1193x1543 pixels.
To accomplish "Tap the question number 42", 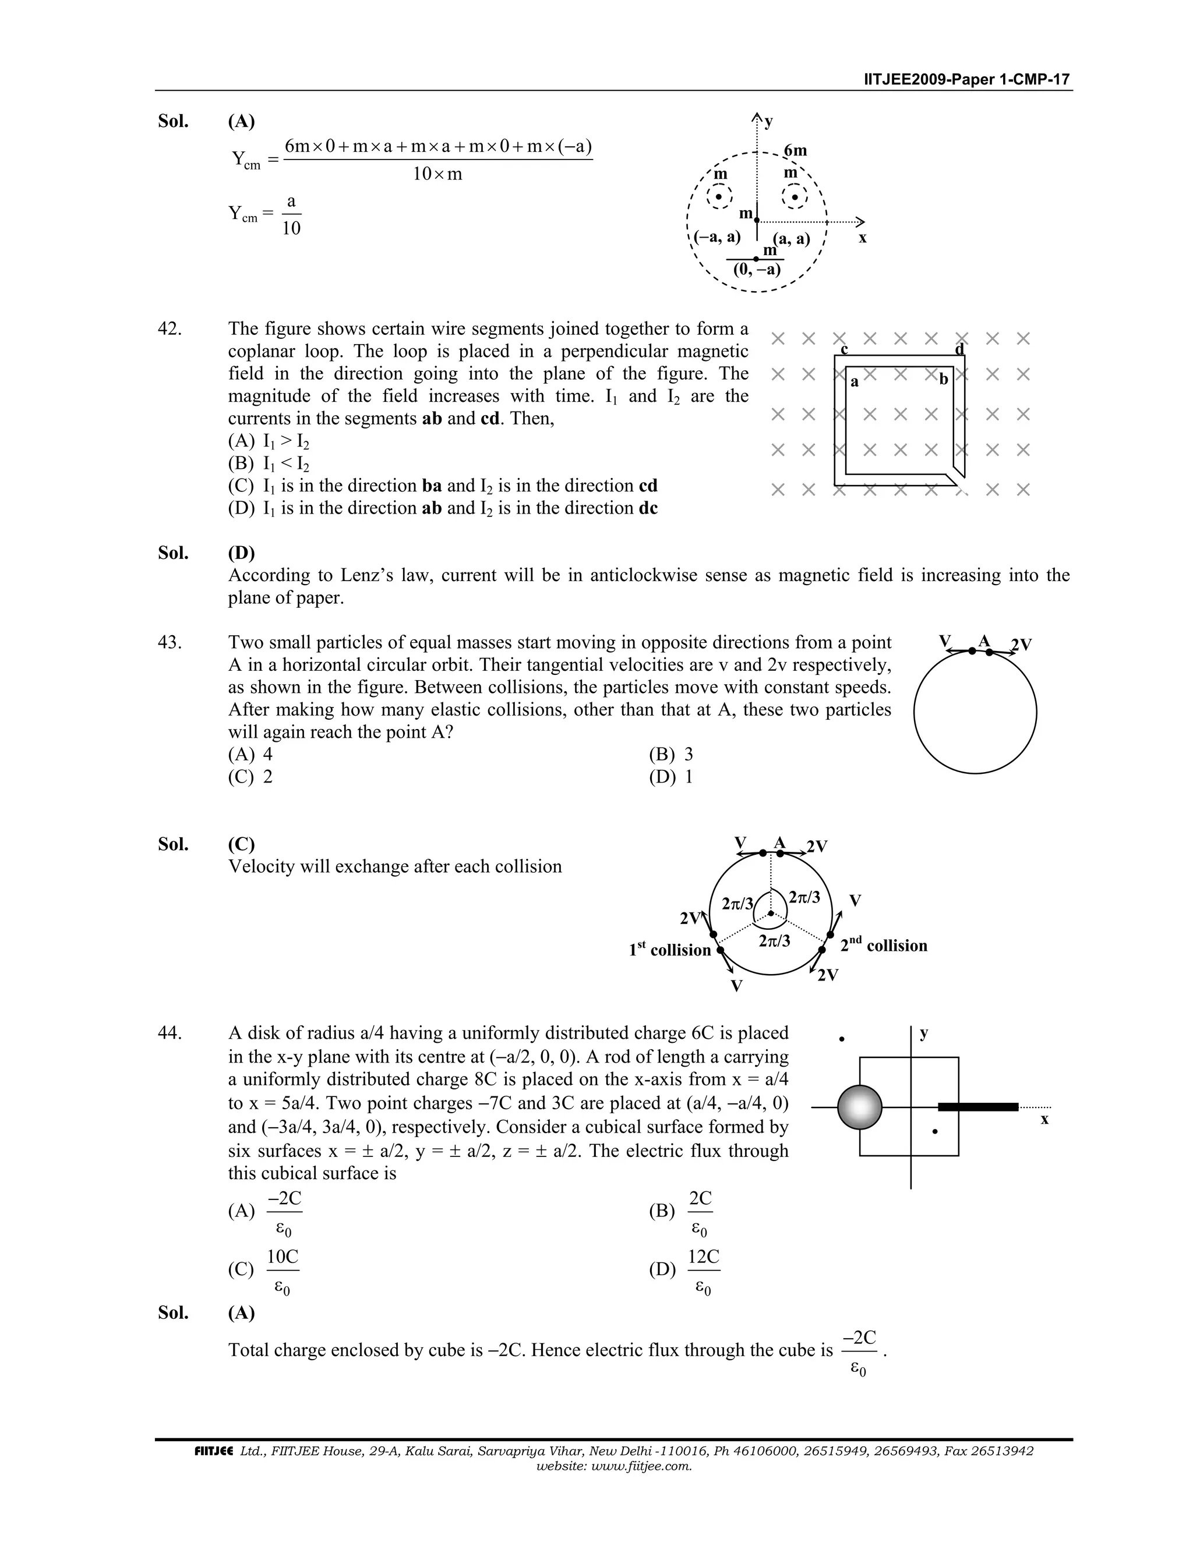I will pos(170,328).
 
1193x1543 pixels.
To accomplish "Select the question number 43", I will pos(170,642).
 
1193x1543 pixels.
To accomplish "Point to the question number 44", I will pos(170,1033).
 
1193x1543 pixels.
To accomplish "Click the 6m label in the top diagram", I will pos(795,150).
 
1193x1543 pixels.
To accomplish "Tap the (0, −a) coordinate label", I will pos(756,269).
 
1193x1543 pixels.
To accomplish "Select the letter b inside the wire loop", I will pos(943,380).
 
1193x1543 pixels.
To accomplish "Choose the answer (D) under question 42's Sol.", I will pos(241,553).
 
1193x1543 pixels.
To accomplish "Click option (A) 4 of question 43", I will pos(250,755).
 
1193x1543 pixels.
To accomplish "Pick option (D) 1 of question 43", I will pos(670,777).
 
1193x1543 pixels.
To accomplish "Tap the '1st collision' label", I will pos(669,950).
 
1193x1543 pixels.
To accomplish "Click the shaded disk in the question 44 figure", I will pos(859,1107).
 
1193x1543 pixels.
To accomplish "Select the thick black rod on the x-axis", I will pos(977,1106).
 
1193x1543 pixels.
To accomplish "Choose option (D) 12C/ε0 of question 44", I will pos(685,1269).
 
